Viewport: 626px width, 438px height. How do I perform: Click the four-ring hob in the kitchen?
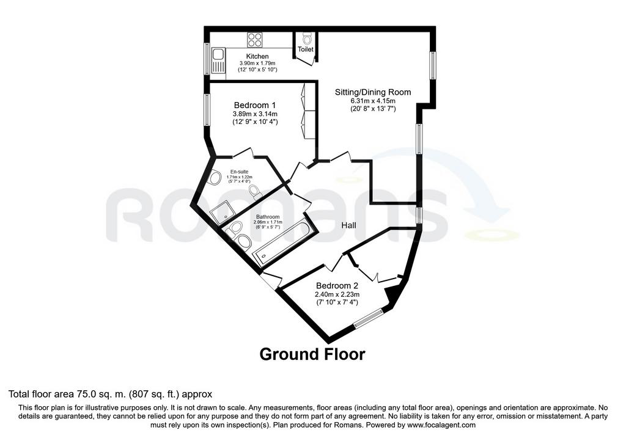coord(255,40)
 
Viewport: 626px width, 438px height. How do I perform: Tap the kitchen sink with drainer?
coord(218,60)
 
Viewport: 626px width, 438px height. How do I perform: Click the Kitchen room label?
coord(257,56)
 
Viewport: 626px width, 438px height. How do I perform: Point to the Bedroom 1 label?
coord(255,105)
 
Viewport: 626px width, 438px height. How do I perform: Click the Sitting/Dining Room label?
coord(373,92)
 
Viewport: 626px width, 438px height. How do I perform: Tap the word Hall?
coord(348,225)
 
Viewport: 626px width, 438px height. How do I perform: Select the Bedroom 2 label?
coord(337,286)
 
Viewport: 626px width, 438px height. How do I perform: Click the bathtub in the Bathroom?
coord(282,244)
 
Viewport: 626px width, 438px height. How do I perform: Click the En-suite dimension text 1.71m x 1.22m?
coord(239,177)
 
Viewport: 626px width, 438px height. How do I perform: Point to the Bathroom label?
coord(268,217)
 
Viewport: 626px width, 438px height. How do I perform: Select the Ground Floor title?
coord(312,354)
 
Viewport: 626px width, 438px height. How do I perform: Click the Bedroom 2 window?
coord(368,318)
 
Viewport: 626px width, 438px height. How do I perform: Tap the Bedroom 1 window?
coord(207,110)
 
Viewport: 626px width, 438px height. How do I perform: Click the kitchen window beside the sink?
coord(207,58)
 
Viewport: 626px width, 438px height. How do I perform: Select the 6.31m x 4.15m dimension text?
coord(373,101)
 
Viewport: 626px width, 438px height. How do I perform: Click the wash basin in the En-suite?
coord(215,177)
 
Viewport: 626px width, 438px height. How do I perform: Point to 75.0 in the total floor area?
coord(86,394)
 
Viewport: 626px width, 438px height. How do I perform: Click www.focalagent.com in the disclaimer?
coord(441,425)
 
